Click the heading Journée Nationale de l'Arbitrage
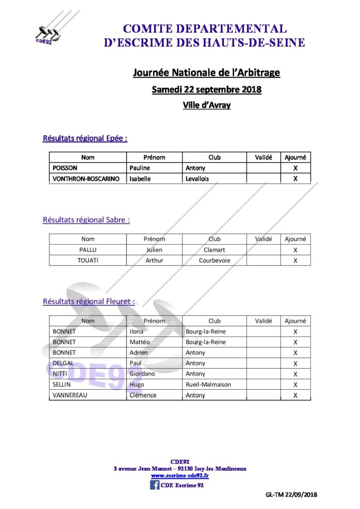(206, 73)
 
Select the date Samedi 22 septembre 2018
(206, 90)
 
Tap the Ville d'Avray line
(206, 105)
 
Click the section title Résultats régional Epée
(85, 139)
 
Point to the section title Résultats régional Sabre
(86, 219)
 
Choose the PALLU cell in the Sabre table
(88, 250)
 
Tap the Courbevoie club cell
(214, 260)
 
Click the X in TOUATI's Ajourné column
(295, 260)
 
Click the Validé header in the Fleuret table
(264, 321)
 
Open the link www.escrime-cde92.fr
(180, 476)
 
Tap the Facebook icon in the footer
(155, 485)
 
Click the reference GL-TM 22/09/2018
(291, 495)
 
